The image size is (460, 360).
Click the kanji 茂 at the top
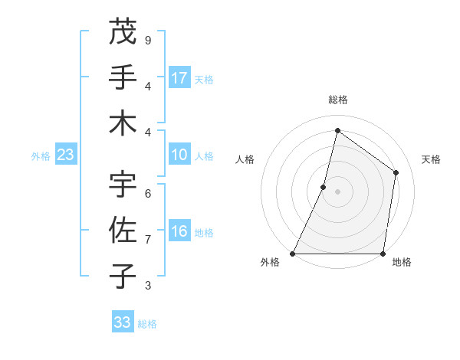(123, 31)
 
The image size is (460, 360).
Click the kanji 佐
(123, 230)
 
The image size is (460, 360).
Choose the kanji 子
(123, 276)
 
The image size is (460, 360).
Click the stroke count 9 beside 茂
(147, 40)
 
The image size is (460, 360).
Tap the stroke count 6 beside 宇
(147, 193)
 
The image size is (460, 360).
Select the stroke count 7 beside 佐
(147, 239)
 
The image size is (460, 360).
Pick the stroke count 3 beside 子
(147, 285)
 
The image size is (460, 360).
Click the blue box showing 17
(179, 78)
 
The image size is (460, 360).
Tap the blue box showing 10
(179, 155)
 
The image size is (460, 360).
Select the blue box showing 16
(179, 231)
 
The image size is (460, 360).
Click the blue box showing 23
(65, 155)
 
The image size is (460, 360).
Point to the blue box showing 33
(123, 322)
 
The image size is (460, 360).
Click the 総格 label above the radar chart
(337, 100)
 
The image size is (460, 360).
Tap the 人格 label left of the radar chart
(245, 159)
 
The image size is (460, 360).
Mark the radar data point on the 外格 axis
(293, 253)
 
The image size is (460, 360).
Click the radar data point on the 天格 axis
(396, 172)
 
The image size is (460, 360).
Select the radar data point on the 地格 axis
(383, 253)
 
